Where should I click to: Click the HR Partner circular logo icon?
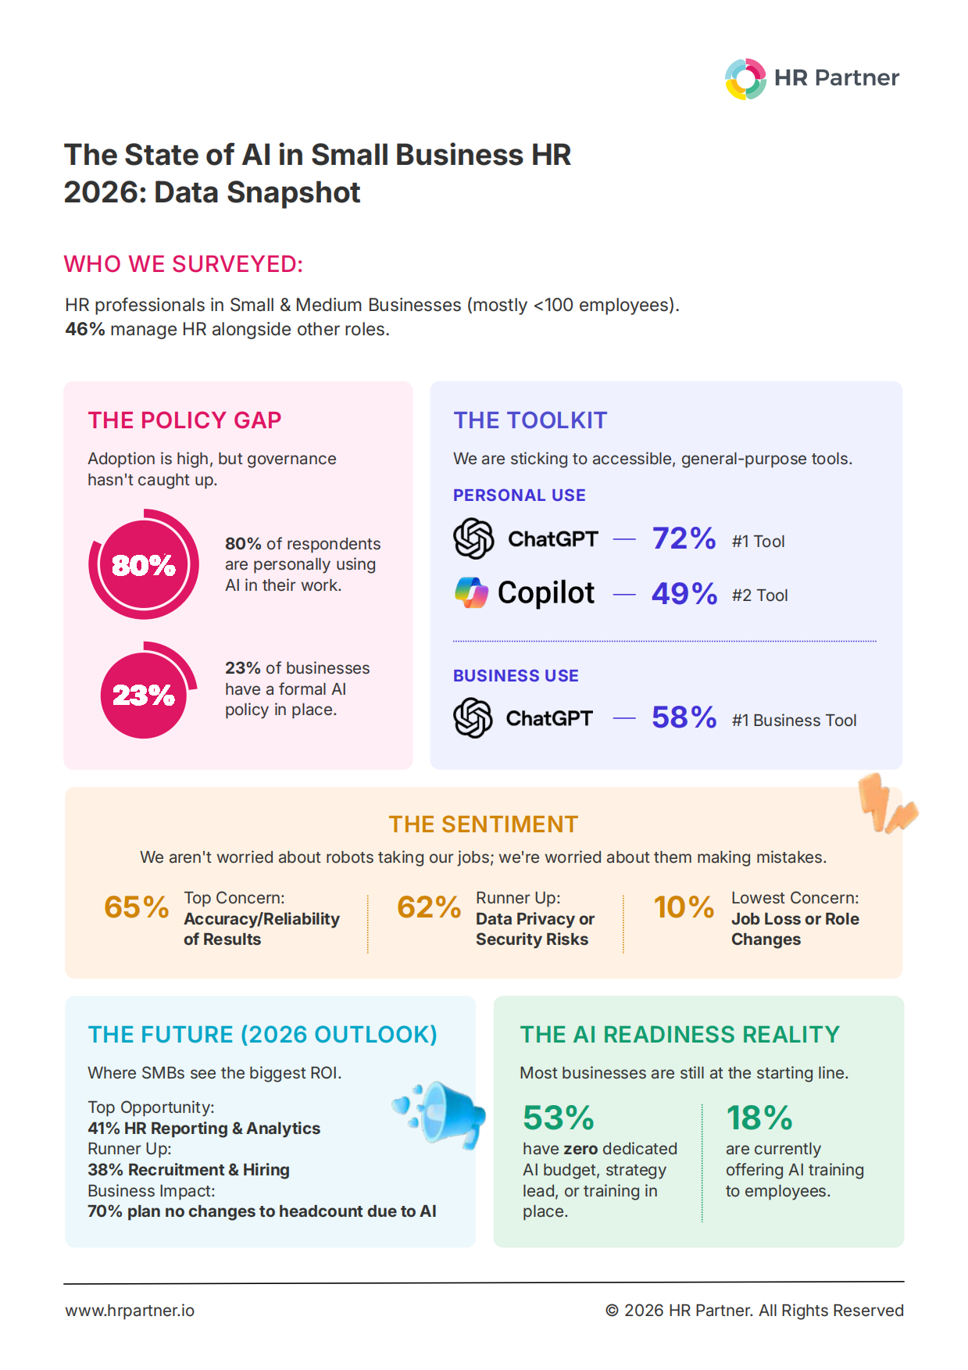tap(745, 79)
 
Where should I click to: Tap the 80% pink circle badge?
tap(144, 564)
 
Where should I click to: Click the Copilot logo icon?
tap(471, 592)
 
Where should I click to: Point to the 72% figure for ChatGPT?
tap(684, 538)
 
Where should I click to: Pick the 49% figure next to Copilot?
tap(684, 594)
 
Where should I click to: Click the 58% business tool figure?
tap(684, 717)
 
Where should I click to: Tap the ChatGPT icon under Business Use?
tap(473, 717)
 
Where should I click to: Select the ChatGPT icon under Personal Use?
tap(473, 538)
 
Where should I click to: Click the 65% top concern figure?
tap(137, 907)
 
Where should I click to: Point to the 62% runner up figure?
tap(429, 907)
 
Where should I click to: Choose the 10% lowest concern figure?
tap(684, 907)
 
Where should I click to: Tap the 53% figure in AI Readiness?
tap(559, 1118)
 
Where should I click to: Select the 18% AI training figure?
tap(759, 1118)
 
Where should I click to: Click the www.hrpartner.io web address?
tap(130, 1311)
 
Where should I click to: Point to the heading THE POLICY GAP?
tap(184, 420)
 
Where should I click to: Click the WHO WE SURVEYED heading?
tap(184, 264)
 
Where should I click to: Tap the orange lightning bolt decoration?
tap(888, 803)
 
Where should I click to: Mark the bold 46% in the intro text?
tap(85, 329)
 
